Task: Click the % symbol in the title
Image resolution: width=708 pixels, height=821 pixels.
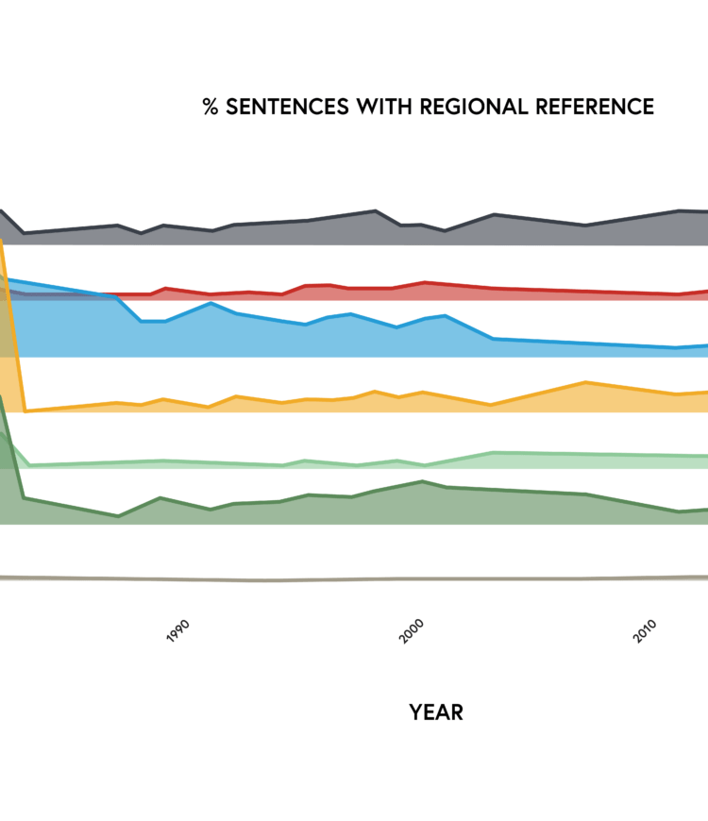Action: [210, 107]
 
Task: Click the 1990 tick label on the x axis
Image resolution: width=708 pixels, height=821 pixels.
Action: [177, 631]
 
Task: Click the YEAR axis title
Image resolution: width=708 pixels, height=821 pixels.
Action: [436, 712]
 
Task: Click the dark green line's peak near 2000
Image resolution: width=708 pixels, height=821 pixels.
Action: [422, 481]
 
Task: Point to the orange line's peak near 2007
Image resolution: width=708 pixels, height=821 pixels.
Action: [586, 382]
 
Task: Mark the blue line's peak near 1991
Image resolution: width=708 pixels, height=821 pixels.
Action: [211, 303]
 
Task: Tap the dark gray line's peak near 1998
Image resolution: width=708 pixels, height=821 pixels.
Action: [376, 210]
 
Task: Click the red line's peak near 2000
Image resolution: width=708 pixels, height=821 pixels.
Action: [426, 282]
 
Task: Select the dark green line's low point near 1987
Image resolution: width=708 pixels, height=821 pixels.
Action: [118, 516]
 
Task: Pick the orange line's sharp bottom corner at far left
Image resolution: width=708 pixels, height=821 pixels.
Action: [25, 410]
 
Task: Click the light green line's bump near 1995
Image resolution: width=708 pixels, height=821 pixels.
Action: [304, 461]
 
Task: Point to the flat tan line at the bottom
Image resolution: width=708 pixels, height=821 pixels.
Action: [378, 578]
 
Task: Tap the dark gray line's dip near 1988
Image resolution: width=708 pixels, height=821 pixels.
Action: [142, 232]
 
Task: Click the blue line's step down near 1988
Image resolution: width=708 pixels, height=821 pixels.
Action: [141, 321]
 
